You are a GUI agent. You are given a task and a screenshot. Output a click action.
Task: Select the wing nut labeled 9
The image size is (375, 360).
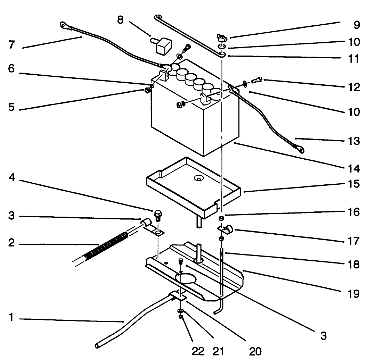pyautogui.click(x=221, y=37)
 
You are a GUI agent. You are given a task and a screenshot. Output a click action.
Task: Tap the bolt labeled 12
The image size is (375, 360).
pyautogui.click(x=255, y=81)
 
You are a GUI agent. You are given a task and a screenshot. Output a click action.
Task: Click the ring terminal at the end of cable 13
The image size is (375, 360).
pyautogui.click(x=300, y=149)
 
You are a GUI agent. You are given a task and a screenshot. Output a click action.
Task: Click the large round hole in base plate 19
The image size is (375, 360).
pyautogui.click(x=186, y=278)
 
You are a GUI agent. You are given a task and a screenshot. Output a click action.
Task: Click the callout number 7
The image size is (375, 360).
pyautogui.click(x=12, y=45)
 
